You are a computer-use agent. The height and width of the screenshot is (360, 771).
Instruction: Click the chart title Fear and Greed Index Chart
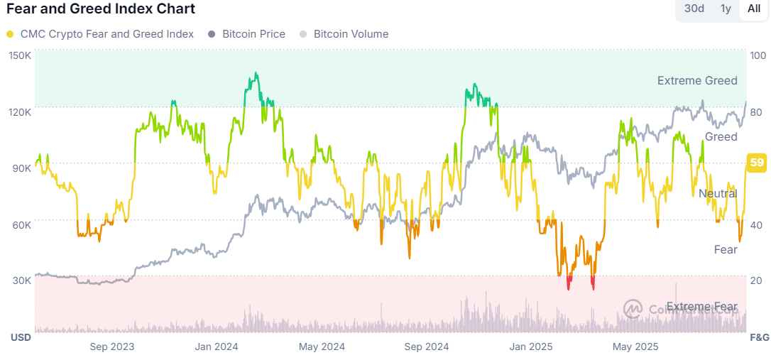tap(101, 9)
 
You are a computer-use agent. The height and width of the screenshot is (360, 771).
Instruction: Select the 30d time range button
tap(694, 9)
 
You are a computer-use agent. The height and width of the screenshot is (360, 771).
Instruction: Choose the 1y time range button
tap(726, 9)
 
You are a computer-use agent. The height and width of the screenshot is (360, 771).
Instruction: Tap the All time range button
tap(754, 9)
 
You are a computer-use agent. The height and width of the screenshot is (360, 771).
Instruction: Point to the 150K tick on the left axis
tap(19, 55)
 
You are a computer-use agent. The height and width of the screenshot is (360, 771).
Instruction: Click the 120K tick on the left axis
tap(19, 111)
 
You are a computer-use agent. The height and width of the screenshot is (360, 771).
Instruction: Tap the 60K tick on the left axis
tap(21, 224)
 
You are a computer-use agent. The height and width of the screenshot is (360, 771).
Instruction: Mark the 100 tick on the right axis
tap(758, 55)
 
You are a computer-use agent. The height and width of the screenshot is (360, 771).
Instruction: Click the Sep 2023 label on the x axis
tap(112, 347)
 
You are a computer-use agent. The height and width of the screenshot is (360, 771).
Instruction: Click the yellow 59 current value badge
tap(757, 163)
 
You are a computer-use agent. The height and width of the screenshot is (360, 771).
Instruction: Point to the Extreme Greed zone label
tap(697, 81)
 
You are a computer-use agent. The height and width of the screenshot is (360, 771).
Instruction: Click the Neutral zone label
tap(718, 193)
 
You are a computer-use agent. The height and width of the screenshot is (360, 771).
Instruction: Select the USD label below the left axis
tap(21, 337)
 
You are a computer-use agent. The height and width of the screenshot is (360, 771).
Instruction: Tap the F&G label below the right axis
tap(760, 337)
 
